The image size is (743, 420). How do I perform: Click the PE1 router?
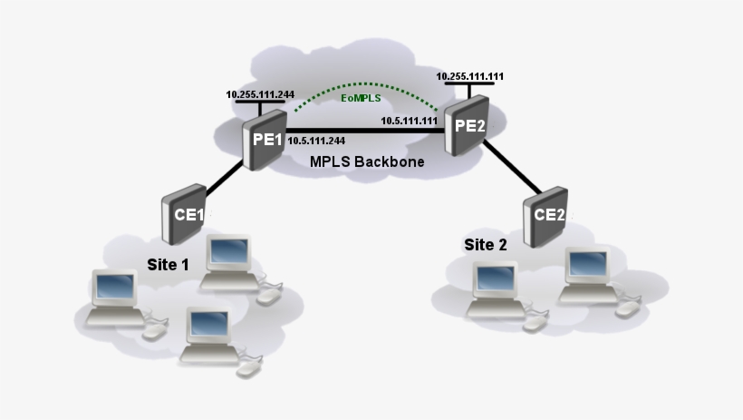coord(264,141)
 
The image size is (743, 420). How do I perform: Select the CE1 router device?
coord(183,214)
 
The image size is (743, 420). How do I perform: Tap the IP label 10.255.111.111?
coord(469,77)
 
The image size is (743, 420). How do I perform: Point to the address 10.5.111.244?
coord(316,141)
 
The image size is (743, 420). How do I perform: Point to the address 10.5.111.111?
coord(410,121)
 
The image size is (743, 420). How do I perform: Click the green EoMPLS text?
coord(360,97)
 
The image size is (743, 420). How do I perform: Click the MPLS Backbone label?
coord(367,161)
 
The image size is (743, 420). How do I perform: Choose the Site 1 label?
coord(169,264)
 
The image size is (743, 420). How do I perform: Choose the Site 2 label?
coord(486,244)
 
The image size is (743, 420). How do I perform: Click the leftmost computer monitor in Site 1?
coord(114,288)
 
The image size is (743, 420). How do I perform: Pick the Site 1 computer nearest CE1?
coord(227,254)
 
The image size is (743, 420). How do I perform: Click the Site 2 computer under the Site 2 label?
coord(495,282)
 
